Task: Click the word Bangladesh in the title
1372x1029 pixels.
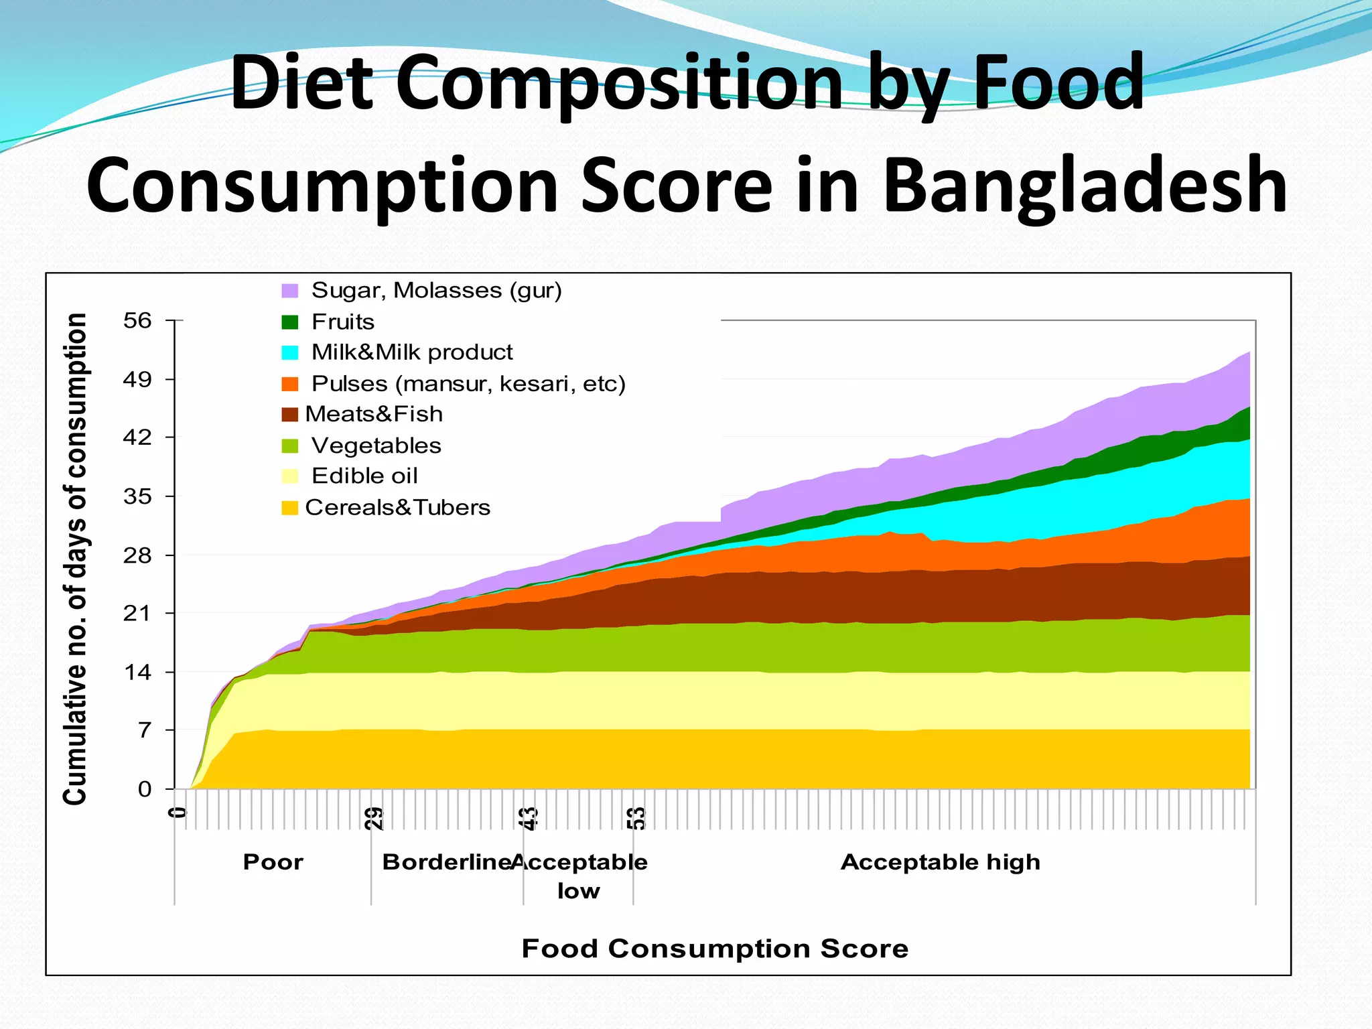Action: point(1085,186)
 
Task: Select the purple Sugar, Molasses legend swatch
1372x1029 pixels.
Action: point(289,291)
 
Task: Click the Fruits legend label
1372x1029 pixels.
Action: point(342,322)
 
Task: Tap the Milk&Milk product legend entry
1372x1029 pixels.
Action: point(411,352)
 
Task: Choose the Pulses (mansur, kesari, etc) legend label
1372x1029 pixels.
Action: point(468,384)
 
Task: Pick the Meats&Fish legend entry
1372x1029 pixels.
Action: point(373,414)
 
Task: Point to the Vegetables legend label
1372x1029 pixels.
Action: point(376,445)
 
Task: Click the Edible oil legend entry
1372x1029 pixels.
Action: point(364,476)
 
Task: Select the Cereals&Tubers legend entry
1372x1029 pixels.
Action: point(397,508)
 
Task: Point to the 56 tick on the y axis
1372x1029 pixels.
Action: point(137,321)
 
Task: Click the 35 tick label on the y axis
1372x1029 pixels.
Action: point(137,496)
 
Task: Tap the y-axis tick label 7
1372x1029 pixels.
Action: point(145,730)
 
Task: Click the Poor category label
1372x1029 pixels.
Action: point(273,862)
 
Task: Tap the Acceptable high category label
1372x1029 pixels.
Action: point(940,862)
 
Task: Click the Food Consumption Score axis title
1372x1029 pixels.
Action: point(715,949)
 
